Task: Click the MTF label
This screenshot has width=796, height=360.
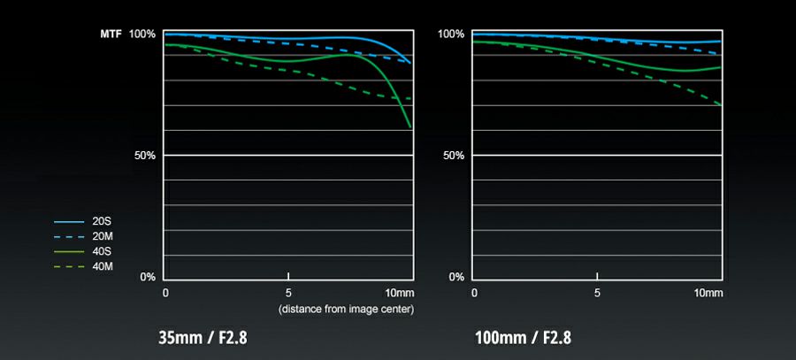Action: pos(111,34)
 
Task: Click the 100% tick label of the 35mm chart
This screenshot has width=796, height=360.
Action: pos(142,34)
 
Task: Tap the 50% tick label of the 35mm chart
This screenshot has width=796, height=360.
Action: pos(145,156)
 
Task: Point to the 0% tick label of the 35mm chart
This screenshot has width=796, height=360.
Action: pos(148,277)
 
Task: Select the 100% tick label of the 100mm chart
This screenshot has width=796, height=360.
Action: pos(451,34)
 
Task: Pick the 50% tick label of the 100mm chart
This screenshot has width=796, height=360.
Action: pos(454,156)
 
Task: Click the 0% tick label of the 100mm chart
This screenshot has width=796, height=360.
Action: pos(456,277)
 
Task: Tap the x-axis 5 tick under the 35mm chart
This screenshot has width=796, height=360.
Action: pos(289,293)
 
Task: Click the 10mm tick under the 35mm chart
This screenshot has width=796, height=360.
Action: pos(400,293)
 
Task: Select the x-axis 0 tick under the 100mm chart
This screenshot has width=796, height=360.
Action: pos(475,293)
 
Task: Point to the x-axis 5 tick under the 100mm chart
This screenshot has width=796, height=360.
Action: pos(598,293)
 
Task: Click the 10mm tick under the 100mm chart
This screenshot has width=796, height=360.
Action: pos(708,293)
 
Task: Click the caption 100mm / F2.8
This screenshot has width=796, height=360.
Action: pos(523,338)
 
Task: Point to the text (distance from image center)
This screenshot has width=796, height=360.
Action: pos(346,309)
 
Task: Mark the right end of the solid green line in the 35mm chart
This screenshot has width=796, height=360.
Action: pos(411,126)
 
